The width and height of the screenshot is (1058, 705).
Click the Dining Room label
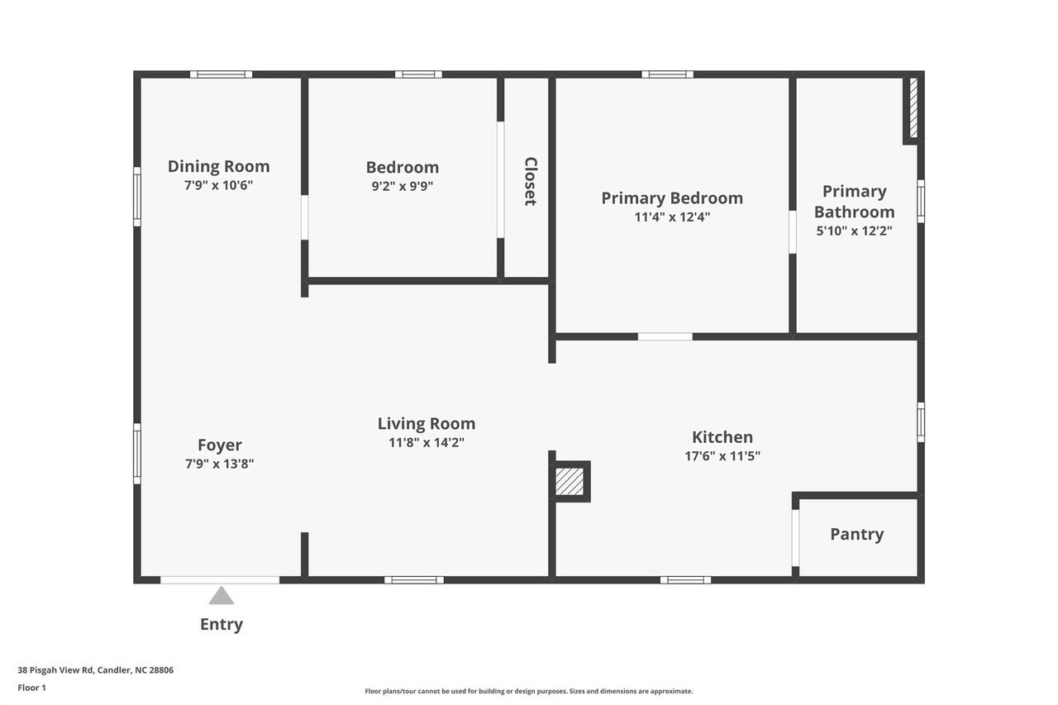tap(218, 166)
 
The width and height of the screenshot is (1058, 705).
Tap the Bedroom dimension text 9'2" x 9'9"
tap(402, 186)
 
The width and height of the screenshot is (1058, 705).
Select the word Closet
tap(531, 181)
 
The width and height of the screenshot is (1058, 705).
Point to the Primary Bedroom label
tap(672, 198)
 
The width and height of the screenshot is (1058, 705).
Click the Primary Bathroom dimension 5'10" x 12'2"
tap(854, 231)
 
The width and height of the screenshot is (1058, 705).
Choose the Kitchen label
tap(722, 437)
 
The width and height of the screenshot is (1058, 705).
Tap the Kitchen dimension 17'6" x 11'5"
tap(722, 455)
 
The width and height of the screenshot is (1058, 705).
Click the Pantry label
tap(856, 534)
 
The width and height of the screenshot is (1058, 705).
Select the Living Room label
tap(427, 424)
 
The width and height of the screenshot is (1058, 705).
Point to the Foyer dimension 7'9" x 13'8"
tap(219, 464)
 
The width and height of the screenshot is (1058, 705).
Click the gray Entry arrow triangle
tap(221, 596)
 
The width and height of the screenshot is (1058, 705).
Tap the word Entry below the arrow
tap(222, 624)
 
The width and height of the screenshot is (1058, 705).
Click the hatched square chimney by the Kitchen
tap(570, 481)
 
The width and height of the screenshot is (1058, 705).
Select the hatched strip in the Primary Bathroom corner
tap(913, 108)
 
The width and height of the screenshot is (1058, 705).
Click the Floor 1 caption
tap(32, 688)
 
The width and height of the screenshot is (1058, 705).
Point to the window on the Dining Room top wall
tap(221, 74)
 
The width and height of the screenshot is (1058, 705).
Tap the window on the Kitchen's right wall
tap(921, 422)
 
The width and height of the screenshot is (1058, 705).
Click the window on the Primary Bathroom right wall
tap(921, 201)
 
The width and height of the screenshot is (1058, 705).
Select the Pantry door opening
tap(795, 537)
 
